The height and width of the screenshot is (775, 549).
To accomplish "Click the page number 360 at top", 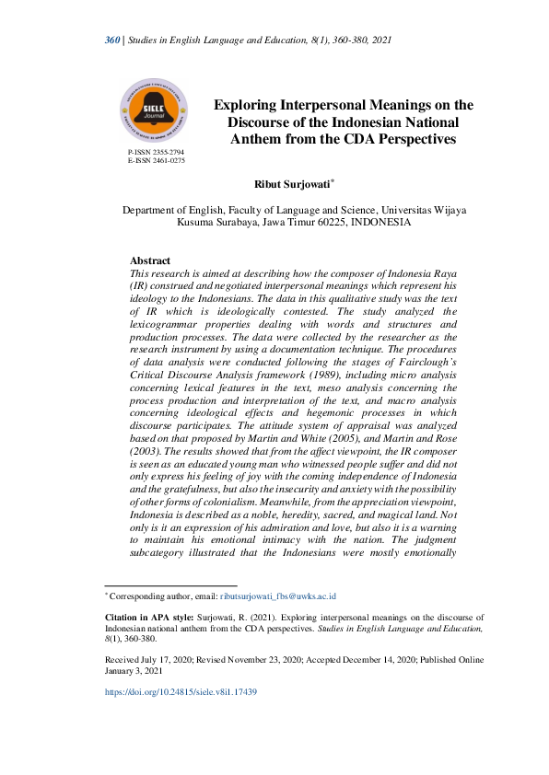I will (x=112, y=39).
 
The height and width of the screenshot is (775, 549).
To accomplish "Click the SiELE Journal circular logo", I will (x=155, y=110).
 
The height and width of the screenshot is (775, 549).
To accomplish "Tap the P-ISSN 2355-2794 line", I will (x=157, y=151).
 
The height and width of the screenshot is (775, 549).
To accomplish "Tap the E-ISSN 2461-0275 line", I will (x=157, y=160).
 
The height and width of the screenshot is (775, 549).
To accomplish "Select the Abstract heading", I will (x=150, y=261).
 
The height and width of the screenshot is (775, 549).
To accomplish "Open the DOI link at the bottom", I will (x=181, y=691).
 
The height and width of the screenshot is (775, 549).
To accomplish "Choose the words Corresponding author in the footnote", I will (x=144, y=596).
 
